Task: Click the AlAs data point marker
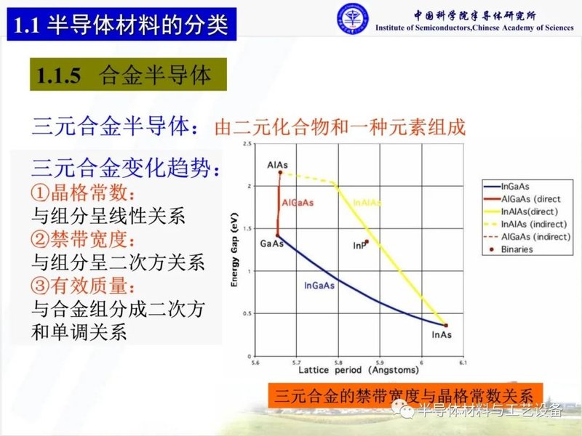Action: click(279, 172)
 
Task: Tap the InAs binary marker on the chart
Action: click(445, 326)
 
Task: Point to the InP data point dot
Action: click(367, 242)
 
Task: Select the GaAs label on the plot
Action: click(271, 244)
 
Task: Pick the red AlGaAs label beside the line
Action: click(297, 202)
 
